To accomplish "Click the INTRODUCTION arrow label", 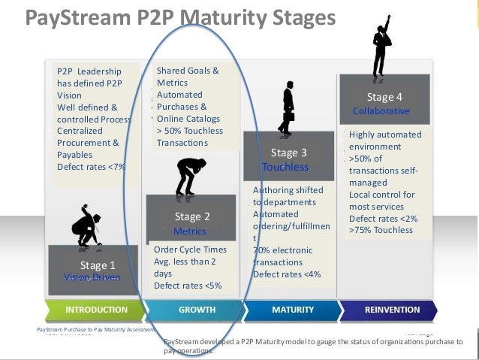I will [x=96, y=309].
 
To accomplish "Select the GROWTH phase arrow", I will [x=197, y=309].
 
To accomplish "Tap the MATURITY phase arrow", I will [x=293, y=309].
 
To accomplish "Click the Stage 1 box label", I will [x=98, y=265].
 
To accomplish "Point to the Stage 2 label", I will [x=192, y=216].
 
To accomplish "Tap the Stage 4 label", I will [x=384, y=97].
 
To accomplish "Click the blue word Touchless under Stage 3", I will [x=285, y=167].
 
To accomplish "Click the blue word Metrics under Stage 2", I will [x=189, y=231].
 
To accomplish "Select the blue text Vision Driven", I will [x=92, y=277].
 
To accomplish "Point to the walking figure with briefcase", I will [x=287, y=109].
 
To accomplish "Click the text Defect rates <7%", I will [x=91, y=166].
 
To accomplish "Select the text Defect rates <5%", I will [x=188, y=285].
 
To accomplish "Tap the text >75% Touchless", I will [x=381, y=230].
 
